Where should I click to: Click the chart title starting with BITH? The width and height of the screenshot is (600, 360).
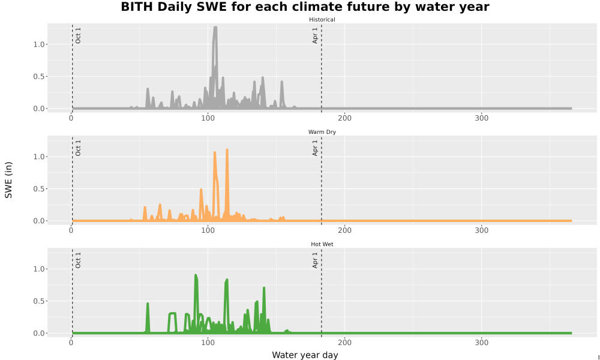305,7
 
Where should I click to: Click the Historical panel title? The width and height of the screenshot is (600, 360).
322,20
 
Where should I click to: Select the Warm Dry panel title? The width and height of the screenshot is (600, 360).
322,132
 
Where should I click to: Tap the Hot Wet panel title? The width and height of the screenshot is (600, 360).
322,244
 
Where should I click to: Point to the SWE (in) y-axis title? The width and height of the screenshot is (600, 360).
8,180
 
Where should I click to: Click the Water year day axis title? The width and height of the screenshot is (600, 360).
305,355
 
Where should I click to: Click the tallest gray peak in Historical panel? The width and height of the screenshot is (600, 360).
215,28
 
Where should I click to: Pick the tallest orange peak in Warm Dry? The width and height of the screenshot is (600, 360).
227,150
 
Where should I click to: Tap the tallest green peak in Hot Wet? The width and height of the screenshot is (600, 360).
196,275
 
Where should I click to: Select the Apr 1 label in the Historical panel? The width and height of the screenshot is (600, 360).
315,35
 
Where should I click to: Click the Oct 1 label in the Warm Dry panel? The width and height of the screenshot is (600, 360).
78,148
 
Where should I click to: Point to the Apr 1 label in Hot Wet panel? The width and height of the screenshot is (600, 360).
315,260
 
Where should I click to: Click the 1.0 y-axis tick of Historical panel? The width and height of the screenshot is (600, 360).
38,44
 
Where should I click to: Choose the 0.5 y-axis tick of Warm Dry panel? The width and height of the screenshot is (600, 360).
38,189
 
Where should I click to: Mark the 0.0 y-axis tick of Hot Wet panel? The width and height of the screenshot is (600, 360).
38,333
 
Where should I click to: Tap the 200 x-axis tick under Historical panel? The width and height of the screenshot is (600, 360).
344,118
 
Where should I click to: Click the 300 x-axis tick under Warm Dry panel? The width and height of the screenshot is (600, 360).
481,230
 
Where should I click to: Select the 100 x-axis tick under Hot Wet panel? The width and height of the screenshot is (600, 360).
208,343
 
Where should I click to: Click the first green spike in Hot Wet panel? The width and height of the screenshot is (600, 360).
148,304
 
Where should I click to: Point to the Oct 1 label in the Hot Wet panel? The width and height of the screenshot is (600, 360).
78,260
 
